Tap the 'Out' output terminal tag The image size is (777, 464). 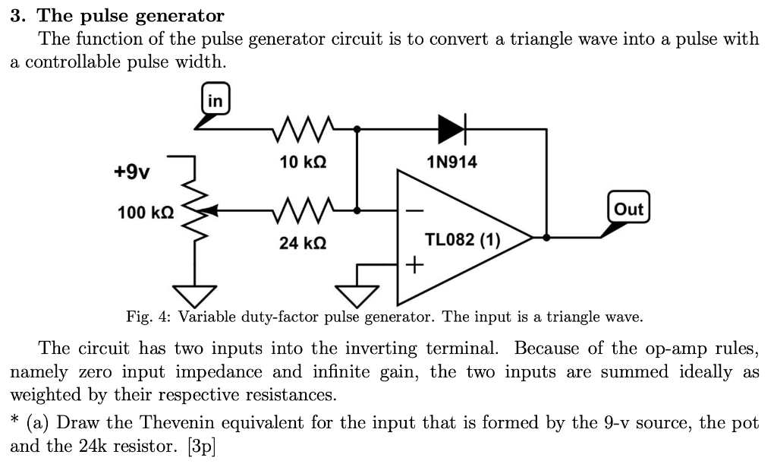tap(628, 210)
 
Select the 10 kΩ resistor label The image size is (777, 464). tap(304, 162)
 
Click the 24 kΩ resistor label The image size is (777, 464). tap(304, 243)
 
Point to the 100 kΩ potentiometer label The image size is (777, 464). tap(145, 212)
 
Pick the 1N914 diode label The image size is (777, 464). tap(453, 162)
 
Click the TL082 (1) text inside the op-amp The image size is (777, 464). tap(462, 240)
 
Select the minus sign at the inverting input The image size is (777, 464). tap(414, 210)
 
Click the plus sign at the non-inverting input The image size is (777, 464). tap(414, 266)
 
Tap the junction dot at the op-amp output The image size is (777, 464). tap(546, 238)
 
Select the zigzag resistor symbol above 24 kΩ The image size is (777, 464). tap(304, 210)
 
